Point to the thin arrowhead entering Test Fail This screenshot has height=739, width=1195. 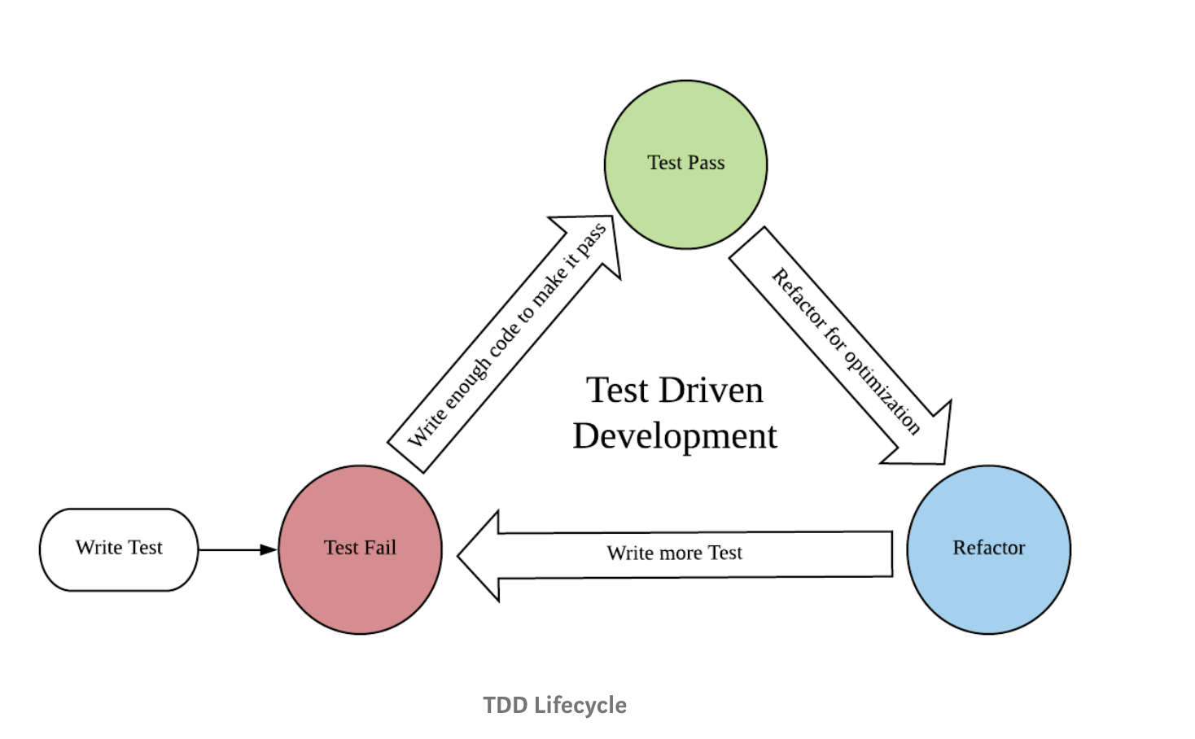269,550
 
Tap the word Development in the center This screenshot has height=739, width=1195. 675,436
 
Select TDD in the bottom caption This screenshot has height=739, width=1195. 506,705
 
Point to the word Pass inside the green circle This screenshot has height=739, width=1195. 706,163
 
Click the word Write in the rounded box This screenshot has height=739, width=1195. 99,548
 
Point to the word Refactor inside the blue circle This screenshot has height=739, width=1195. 988,548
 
